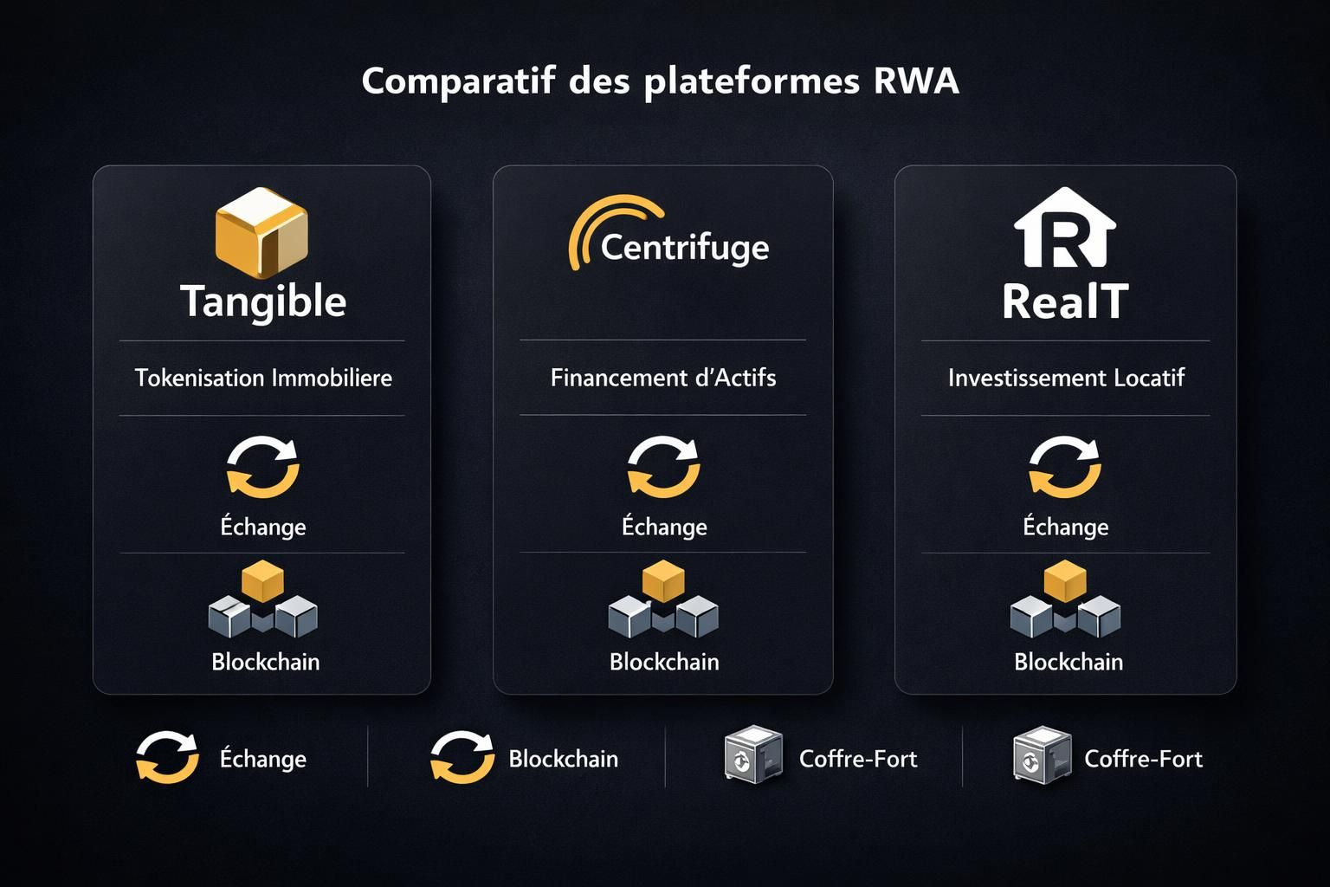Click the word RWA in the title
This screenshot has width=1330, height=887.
pyautogui.click(x=916, y=81)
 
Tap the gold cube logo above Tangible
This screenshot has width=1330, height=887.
pyautogui.click(x=261, y=232)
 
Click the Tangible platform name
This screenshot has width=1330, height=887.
pyautogui.click(x=263, y=301)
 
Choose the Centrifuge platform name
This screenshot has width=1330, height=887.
pyautogui.click(x=684, y=247)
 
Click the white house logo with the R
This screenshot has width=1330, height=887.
pyautogui.click(x=1064, y=228)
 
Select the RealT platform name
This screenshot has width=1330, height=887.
pyautogui.click(x=1065, y=301)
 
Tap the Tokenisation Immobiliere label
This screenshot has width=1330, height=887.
pyautogui.click(x=263, y=378)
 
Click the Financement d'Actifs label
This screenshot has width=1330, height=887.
pyautogui.click(x=663, y=378)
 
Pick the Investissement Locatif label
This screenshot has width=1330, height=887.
pyautogui.click(x=1066, y=378)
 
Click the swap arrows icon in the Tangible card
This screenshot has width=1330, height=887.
pyautogui.click(x=263, y=467)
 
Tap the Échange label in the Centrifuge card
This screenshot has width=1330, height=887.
pyautogui.click(x=664, y=527)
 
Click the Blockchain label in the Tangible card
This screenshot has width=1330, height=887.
pyautogui.click(x=266, y=662)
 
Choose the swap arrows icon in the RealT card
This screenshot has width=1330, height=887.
pyautogui.click(x=1065, y=467)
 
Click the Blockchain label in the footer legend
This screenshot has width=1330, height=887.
pyautogui.click(x=564, y=759)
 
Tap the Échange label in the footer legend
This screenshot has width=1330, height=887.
pyautogui.click(x=263, y=759)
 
